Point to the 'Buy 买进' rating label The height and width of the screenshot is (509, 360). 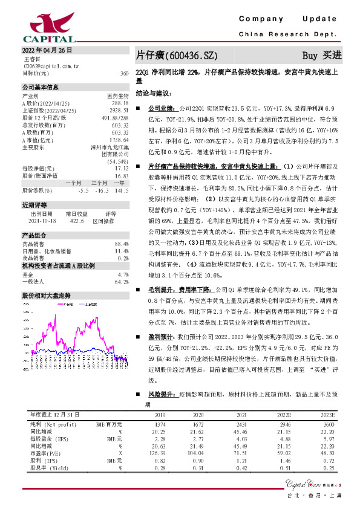pyautogui.click(x=322, y=55)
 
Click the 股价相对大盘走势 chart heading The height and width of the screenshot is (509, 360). pyautogui.click(x=47, y=296)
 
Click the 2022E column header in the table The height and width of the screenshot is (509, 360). pyautogui.click(x=283, y=415)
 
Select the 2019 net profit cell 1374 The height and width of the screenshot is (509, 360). pyautogui.click(x=160, y=426)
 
